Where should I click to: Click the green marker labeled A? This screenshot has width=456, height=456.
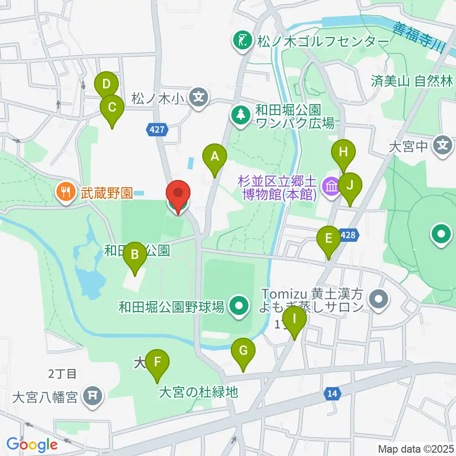click(x=215, y=156)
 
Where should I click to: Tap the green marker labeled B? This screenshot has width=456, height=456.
click(x=135, y=255)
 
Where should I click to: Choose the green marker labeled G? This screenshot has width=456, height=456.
click(x=243, y=351)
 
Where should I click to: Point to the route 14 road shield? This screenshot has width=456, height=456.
click(x=333, y=393)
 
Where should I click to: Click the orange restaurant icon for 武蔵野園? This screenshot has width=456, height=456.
click(x=64, y=192)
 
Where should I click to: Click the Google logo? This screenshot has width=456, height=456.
click(x=31, y=445)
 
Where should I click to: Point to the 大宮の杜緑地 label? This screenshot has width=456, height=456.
click(x=198, y=392)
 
